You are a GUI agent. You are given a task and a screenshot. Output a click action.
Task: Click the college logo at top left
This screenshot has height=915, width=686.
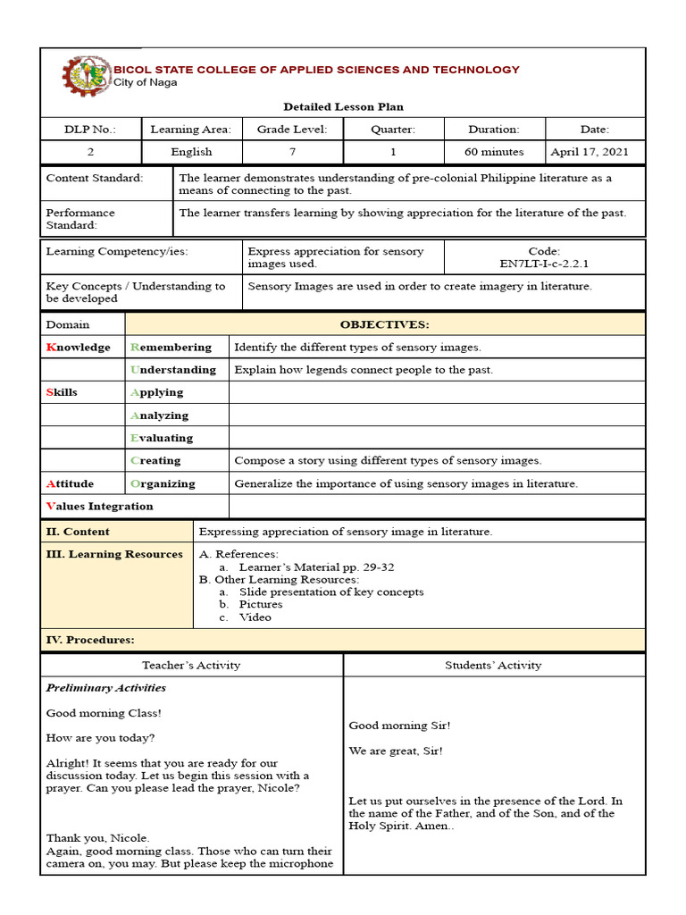pos(87,77)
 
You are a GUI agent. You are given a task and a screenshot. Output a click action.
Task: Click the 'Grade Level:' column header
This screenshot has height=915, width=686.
pos(292,130)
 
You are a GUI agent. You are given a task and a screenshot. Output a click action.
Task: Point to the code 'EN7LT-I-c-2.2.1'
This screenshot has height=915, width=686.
pos(544,264)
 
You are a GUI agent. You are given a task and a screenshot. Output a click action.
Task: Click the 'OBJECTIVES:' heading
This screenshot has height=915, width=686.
pos(384,324)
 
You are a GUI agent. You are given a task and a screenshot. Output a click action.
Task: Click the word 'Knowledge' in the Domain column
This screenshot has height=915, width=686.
pos(79,347)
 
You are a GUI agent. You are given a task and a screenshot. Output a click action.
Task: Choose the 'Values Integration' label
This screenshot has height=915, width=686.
pos(99,506)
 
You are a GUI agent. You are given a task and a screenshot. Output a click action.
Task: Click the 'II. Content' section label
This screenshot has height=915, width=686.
pos(78,532)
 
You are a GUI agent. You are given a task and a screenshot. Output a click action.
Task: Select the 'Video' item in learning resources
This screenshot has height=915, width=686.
pos(255,617)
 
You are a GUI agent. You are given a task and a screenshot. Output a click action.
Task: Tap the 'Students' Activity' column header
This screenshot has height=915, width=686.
pos(493,665)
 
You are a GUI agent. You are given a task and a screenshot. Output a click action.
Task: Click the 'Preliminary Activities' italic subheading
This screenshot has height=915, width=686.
pos(106,688)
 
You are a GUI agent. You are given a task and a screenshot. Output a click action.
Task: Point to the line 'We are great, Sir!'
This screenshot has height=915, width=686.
pos(395,751)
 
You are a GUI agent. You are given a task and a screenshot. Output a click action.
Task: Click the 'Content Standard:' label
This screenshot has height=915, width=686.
pos(95,178)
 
